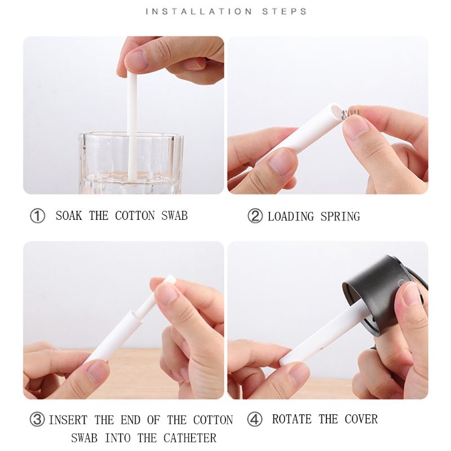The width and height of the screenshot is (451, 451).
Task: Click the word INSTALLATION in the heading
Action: tap(199, 11)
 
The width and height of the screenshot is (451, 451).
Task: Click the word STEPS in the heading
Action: tap(285, 11)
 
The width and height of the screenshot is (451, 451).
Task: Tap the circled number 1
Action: tap(37, 216)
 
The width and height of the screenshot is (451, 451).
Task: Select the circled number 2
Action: tap(255, 216)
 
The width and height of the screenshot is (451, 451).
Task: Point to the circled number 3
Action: tap(37, 419)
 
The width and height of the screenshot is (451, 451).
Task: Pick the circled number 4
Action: tap(255, 419)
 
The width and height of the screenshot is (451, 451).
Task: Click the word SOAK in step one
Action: tap(69, 216)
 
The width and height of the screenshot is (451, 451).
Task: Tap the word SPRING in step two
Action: tap(341, 216)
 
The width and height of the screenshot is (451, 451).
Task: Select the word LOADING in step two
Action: tap(291, 216)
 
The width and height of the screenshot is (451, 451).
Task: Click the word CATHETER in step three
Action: tap(190, 438)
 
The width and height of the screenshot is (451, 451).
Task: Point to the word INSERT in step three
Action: tap(68, 420)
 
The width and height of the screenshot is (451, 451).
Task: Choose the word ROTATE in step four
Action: tap(292, 419)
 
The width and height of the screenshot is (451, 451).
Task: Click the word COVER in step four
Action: tap(361, 419)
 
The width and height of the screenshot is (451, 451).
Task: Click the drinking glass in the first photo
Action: tap(131, 163)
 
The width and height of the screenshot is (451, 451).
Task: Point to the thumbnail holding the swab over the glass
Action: tap(135, 60)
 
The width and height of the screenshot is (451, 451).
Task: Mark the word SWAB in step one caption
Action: tap(174, 216)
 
